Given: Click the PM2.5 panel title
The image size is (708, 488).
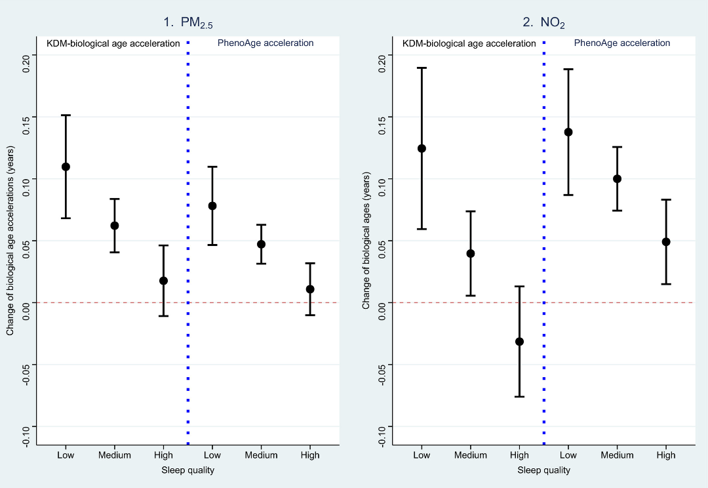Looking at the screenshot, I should point(188,23).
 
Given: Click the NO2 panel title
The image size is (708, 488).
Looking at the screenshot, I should point(543,23).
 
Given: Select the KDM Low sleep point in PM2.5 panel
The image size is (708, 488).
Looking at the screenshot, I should point(66,167).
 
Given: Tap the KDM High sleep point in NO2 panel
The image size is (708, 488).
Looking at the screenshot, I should point(519,342).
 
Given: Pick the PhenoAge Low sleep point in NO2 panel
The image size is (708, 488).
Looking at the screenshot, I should point(568,132).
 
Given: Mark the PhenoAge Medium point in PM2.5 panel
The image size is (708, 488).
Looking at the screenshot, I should point(261,244).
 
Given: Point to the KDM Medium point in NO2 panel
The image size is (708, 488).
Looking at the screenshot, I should point(470,253).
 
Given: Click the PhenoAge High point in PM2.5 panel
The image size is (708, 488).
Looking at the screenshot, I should point(310,289).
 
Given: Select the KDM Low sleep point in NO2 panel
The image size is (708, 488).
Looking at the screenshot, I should point(422,148).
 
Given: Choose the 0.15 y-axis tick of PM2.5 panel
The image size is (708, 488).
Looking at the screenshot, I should point(26,117).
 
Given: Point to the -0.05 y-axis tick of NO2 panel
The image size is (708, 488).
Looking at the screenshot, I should point(382,365).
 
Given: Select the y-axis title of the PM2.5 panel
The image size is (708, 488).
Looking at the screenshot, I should point(10,241).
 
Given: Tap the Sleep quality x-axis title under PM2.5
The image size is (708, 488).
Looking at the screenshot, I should point(188,470).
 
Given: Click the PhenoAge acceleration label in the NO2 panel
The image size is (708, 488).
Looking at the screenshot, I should point(622,43).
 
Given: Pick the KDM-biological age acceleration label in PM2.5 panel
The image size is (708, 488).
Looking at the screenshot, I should point(113,43).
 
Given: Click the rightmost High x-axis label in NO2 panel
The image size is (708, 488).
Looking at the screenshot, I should point(665,455).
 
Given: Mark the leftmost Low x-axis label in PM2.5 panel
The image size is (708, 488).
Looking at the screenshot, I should point(66,455).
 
